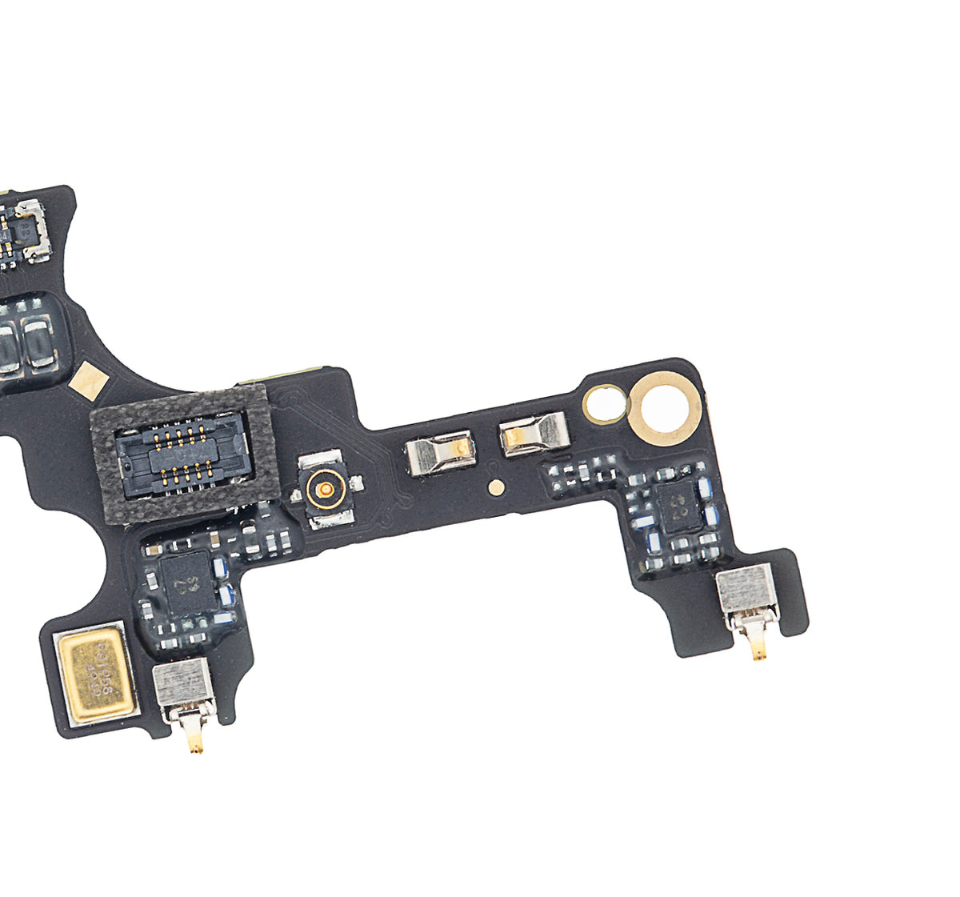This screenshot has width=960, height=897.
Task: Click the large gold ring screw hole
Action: point(664,408)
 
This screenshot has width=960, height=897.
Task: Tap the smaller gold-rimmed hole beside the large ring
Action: point(605,403)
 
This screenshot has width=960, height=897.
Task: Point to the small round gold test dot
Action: point(497,485)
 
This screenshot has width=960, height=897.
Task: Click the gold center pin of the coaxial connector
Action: point(324,487)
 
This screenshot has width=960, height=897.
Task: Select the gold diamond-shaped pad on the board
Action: point(88,380)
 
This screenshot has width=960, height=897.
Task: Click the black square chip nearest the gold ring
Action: point(678,507)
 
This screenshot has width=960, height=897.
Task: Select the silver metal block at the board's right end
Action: point(746,589)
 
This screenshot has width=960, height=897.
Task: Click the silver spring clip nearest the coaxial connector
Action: point(438,455)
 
